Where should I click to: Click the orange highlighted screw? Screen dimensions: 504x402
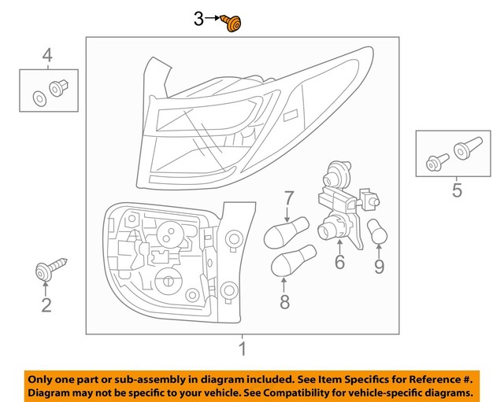pyautogui.click(x=232, y=23)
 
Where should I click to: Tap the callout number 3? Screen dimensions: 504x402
pyautogui.click(x=198, y=19)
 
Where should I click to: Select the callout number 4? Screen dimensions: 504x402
pyautogui.click(x=47, y=55)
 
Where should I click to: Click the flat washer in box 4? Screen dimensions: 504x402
pyautogui.click(x=39, y=98)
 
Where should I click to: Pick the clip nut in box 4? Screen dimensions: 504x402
pyautogui.click(x=58, y=87)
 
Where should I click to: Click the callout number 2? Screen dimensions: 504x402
pyautogui.click(x=46, y=305)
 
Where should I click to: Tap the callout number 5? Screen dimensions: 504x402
pyautogui.click(x=457, y=190)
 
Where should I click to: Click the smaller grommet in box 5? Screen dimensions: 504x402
pyautogui.click(x=437, y=163)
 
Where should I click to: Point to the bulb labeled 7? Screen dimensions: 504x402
pyautogui.click(x=286, y=232)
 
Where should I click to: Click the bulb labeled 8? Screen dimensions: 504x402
pyautogui.click(x=294, y=260)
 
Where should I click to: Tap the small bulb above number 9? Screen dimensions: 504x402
pyautogui.click(x=377, y=232)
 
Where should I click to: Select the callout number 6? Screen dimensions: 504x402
pyautogui.click(x=339, y=262)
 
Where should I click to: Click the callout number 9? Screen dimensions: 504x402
pyautogui.click(x=380, y=266)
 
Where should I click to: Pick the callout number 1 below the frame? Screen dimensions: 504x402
pyautogui.click(x=243, y=349)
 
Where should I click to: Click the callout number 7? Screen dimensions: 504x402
pyautogui.click(x=289, y=198)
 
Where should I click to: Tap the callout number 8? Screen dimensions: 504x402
pyautogui.click(x=285, y=302)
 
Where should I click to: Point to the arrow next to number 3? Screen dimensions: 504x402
pyautogui.click(x=213, y=18)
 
